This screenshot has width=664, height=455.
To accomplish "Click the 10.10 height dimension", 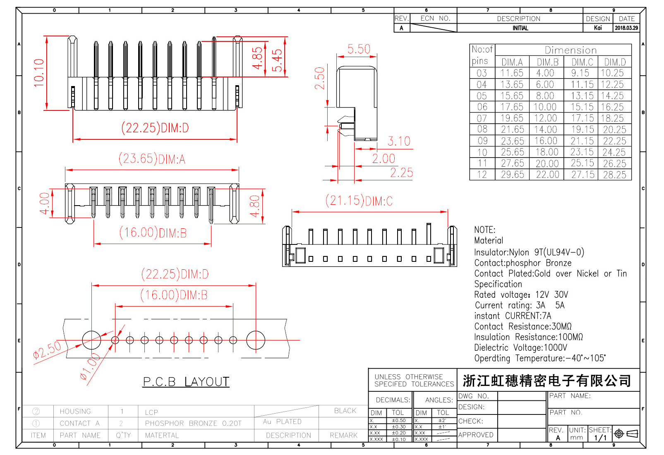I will coord(39,73).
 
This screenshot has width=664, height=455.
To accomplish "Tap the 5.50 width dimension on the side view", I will coord(359,49).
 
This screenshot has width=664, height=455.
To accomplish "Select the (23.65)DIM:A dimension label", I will coord(152,159).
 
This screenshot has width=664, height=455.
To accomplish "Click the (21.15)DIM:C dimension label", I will coord(359,201).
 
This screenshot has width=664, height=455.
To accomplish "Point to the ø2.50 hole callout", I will coord(47,350).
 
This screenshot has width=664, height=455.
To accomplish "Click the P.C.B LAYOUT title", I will coord(186,382).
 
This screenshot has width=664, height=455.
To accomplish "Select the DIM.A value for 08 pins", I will coord(512,129).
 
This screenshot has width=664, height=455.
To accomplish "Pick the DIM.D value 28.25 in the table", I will coord(614,175).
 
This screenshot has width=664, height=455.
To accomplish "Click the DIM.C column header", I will coord(582,62).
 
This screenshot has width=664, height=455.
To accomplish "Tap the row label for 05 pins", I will coord(482,96).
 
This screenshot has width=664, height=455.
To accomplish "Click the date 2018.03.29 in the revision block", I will coord(626,28).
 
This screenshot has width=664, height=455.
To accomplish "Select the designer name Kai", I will coord(598,28).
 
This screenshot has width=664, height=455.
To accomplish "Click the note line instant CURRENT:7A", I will coord(513,316).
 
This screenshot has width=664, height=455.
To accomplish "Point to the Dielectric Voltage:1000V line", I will coord(520,348).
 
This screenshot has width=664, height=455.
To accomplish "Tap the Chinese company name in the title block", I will coord(547,381).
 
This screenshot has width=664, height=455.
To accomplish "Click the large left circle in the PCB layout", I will coord(91,340).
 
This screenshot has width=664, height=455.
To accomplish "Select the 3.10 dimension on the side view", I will coord(399,141).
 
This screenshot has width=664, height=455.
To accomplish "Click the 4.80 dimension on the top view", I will coord(255,206).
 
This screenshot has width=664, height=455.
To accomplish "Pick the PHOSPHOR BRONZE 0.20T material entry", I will coord(193,424).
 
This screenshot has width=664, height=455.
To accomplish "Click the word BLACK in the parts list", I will coord(345,411).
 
